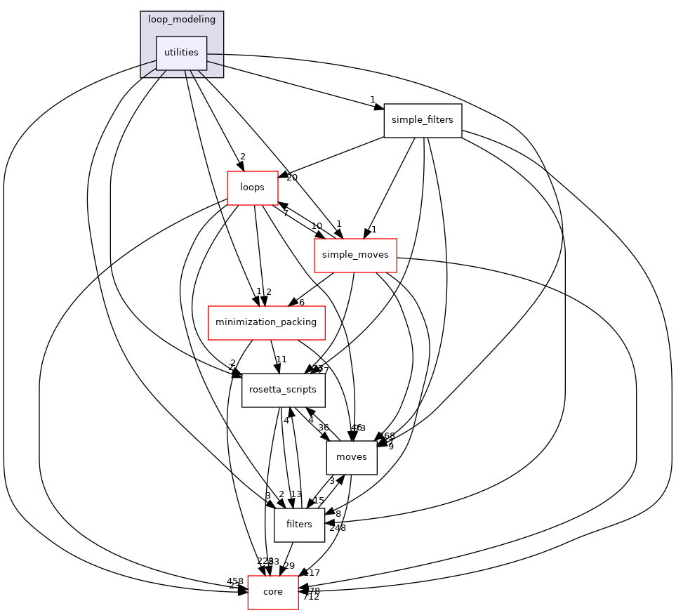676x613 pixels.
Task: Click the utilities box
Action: click(x=181, y=53)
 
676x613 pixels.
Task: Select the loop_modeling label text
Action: click(x=181, y=20)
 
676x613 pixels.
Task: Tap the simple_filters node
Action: click(x=422, y=120)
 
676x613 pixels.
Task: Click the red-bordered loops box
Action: click(x=252, y=187)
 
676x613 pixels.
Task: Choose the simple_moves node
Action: click(x=355, y=255)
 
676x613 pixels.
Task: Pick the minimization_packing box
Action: click(x=266, y=322)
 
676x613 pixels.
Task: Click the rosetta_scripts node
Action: click(x=283, y=390)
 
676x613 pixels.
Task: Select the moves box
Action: click(x=352, y=457)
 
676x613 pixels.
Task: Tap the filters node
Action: click(x=299, y=525)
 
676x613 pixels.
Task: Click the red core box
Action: click(x=272, y=592)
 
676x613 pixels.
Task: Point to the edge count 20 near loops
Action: click(x=291, y=177)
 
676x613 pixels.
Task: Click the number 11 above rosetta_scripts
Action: click(x=281, y=360)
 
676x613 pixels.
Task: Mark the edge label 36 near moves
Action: click(x=324, y=427)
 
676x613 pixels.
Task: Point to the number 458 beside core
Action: click(x=235, y=581)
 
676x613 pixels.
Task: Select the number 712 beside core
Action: click(x=311, y=597)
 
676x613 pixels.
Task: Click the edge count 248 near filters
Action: click(x=338, y=527)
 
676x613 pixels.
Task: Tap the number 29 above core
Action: click(x=289, y=565)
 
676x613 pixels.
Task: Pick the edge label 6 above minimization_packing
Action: click(x=301, y=302)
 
